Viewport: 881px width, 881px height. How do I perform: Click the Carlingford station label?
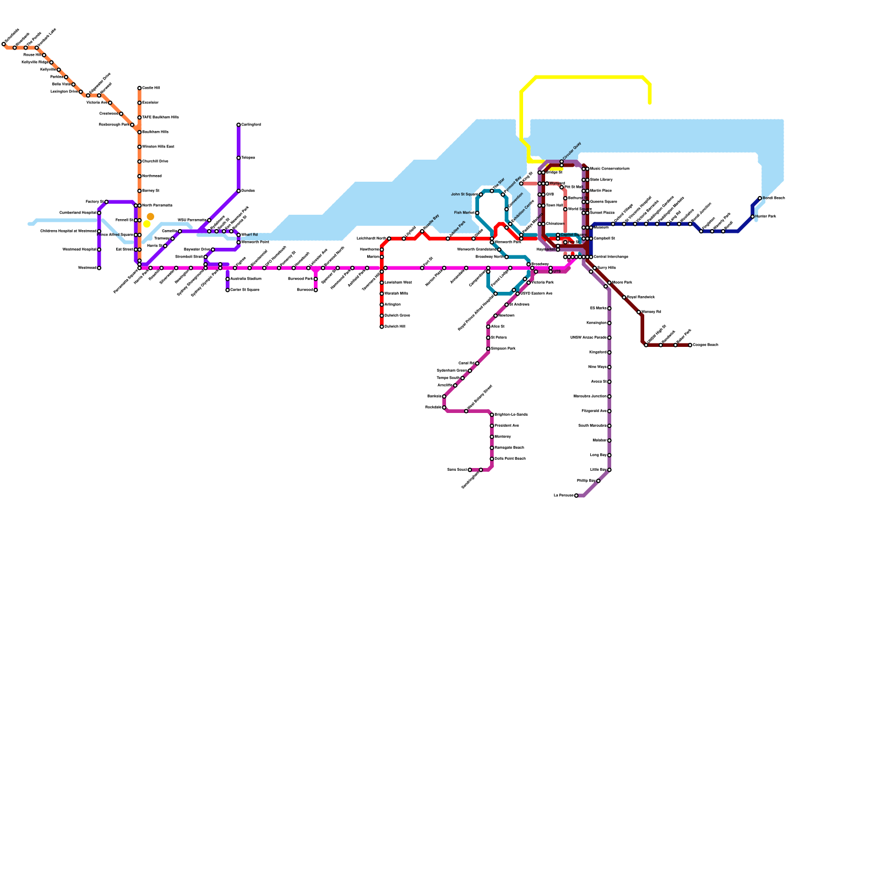(x=251, y=125)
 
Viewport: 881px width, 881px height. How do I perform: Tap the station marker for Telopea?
(x=238, y=158)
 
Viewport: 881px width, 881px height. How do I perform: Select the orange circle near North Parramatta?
(x=150, y=216)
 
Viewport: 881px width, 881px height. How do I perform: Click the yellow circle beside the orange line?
(x=146, y=224)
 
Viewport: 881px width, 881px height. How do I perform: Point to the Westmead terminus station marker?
(x=99, y=268)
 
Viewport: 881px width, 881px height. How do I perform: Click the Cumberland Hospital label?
(x=78, y=213)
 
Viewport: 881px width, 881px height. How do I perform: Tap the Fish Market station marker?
(x=477, y=213)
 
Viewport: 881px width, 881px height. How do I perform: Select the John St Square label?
(x=464, y=194)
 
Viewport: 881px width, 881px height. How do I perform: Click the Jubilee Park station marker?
(x=448, y=238)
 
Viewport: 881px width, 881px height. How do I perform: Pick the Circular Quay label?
(x=572, y=151)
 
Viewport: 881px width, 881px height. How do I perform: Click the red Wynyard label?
(x=557, y=183)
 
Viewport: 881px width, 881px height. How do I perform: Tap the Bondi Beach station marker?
(x=760, y=198)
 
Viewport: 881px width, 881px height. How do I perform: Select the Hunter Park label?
(x=765, y=216)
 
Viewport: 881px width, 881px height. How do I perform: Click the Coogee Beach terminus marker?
(x=690, y=345)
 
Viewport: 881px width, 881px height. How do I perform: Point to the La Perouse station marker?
(x=577, y=496)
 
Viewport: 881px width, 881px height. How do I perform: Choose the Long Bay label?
(x=598, y=455)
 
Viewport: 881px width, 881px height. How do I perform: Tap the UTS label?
(x=557, y=271)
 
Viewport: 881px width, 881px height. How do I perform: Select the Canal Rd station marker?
(x=477, y=363)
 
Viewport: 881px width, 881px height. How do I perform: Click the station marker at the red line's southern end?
(x=382, y=327)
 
